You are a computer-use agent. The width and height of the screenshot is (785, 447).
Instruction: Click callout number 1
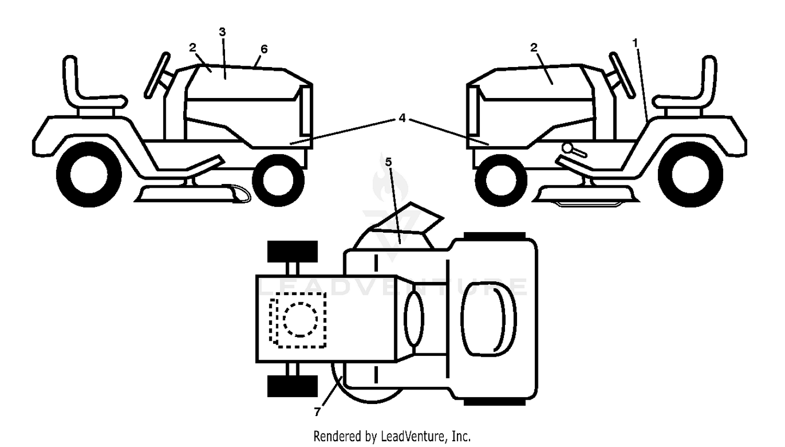coord(635,43)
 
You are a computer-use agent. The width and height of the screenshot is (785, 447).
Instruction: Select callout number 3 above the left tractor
coord(222,32)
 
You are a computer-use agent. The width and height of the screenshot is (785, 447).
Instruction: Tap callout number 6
coord(264,49)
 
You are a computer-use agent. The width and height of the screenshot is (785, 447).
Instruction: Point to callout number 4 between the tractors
coord(402,118)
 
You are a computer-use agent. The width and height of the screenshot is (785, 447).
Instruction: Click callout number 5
coord(388,162)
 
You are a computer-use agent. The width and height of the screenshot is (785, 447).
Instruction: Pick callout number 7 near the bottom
coord(317,411)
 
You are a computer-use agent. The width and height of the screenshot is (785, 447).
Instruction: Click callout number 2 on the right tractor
coord(533,48)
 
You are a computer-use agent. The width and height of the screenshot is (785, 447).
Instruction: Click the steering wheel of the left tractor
coord(157,75)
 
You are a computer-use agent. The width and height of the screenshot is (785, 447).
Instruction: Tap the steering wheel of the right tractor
coord(622,75)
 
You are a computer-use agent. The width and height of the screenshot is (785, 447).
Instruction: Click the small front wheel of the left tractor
coord(278,180)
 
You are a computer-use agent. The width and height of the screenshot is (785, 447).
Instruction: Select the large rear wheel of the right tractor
coord(690,175)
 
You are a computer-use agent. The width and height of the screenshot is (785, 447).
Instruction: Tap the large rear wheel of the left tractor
coord(88,175)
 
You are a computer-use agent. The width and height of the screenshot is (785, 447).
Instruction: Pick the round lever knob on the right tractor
coord(566,148)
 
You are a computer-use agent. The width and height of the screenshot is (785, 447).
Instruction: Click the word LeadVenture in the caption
coord(414,437)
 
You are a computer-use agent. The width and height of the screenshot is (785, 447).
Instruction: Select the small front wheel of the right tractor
coord(501,180)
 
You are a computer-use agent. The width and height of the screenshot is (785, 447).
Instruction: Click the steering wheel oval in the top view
coord(414,319)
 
